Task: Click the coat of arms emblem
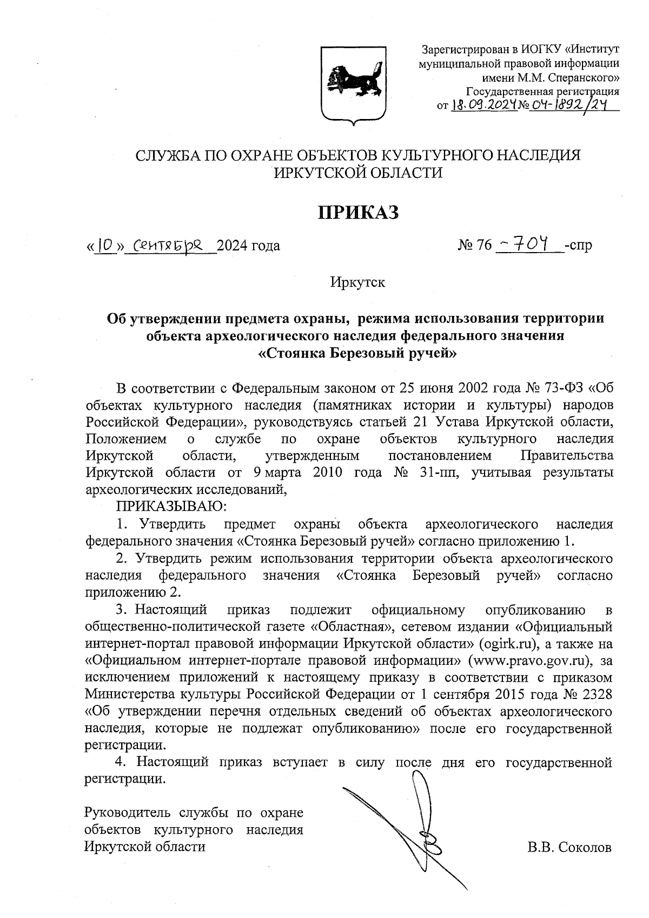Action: (x=354, y=84)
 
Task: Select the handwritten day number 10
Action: (x=107, y=246)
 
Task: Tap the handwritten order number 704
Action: (x=533, y=245)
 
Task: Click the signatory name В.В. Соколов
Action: (x=569, y=847)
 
